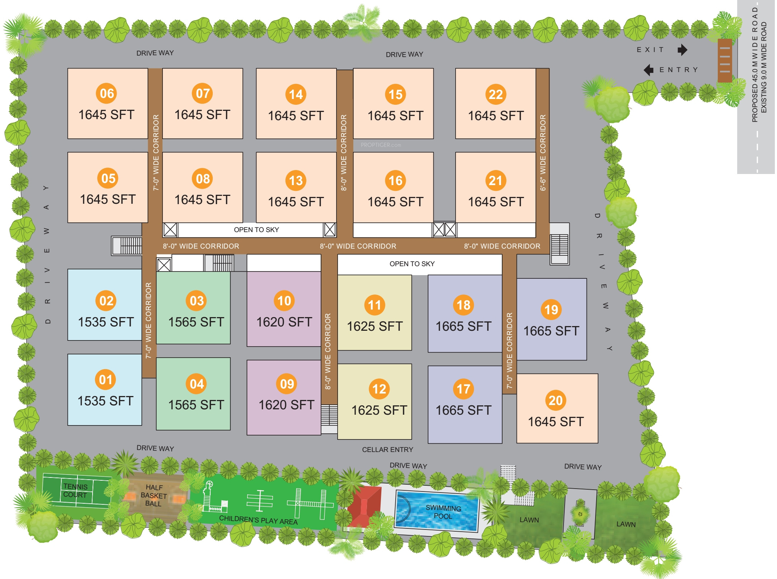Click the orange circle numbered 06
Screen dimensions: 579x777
pos(107,93)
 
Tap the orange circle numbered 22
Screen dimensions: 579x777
pos(495,94)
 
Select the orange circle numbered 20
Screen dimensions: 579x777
pos(555,400)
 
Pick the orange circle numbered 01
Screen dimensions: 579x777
pos(105,380)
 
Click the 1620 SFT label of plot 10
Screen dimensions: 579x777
pos(284,322)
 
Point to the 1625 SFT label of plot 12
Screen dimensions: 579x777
pos(379,410)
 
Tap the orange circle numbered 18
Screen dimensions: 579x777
pos(463,305)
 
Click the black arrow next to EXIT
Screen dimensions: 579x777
pos(682,50)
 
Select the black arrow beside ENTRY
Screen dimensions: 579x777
pos(649,70)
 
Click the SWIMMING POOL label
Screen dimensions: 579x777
pos(443,512)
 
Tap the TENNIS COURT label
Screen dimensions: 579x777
pos(75,490)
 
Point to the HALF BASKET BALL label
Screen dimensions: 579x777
pos(154,495)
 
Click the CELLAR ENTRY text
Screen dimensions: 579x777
pos(387,449)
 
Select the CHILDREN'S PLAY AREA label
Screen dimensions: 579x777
pos(258,520)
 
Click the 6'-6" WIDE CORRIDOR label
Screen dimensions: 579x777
pos(543,152)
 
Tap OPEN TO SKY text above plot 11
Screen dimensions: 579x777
pos(412,264)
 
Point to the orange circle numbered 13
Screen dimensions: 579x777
pos(296,180)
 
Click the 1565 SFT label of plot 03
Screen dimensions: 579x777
pos(196,322)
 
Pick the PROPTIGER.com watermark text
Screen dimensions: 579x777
pos(381,145)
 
